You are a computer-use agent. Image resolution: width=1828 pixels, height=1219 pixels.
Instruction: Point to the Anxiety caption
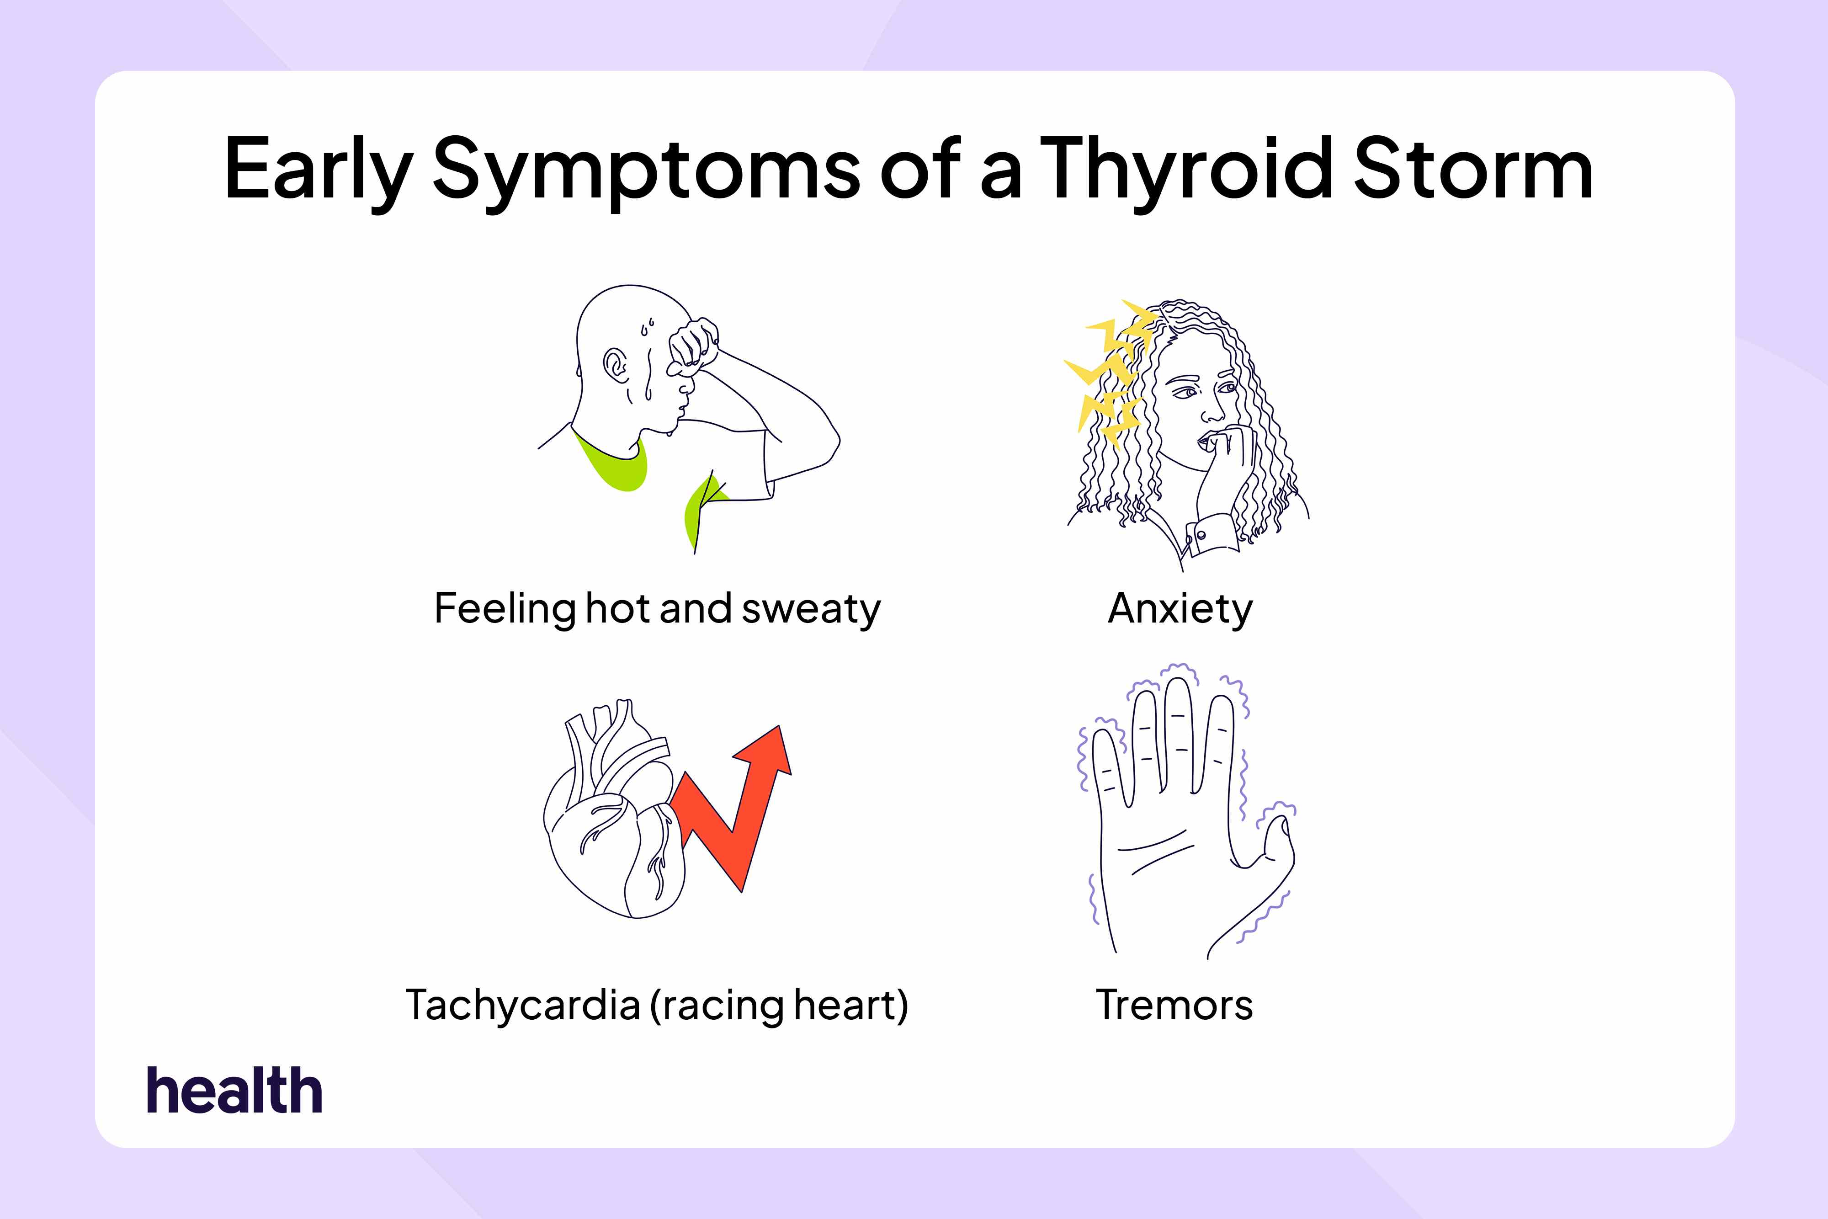click(x=1180, y=609)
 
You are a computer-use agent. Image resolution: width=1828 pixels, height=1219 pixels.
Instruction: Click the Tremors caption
click(x=1174, y=1005)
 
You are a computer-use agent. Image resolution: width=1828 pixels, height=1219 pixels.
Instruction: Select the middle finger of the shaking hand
click(x=1178, y=731)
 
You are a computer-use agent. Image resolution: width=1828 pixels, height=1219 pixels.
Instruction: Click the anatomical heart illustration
click(x=614, y=824)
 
